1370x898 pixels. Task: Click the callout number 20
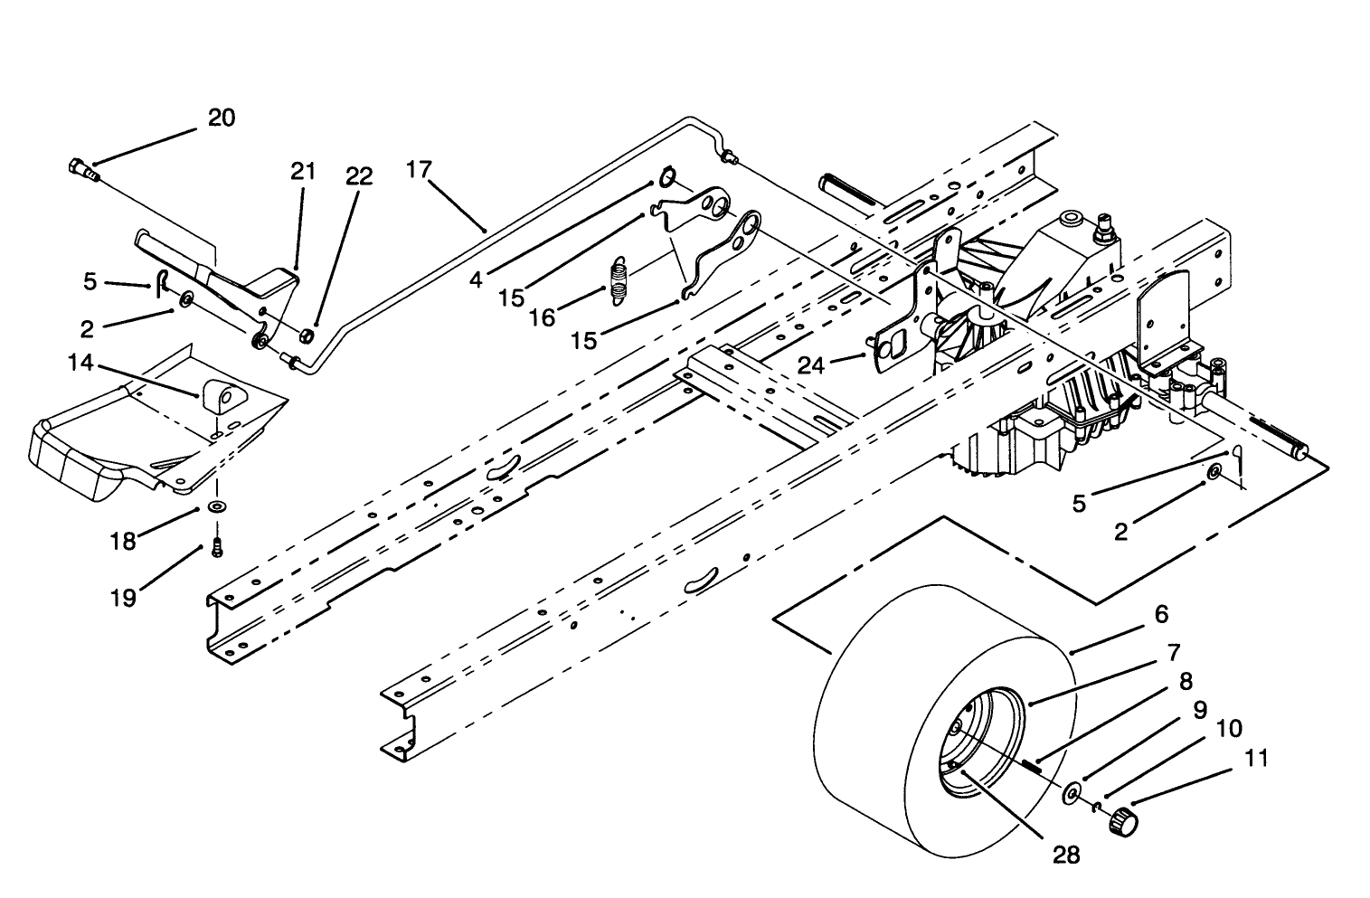pyautogui.click(x=222, y=118)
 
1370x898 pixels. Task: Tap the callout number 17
pyautogui.click(x=419, y=169)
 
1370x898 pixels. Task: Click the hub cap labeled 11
pyautogui.click(x=1120, y=821)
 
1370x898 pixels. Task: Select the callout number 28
pyautogui.click(x=1067, y=855)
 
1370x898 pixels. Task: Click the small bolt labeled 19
pyautogui.click(x=216, y=546)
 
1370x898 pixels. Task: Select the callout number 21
pyautogui.click(x=304, y=171)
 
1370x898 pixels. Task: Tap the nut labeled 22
pyautogui.click(x=307, y=337)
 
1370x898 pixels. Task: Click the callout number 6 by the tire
pyautogui.click(x=1161, y=614)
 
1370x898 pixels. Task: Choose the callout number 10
pyautogui.click(x=1229, y=729)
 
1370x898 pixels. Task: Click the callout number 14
pyautogui.click(x=80, y=362)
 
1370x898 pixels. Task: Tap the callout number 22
pyautogui.click(x=359, y=175)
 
